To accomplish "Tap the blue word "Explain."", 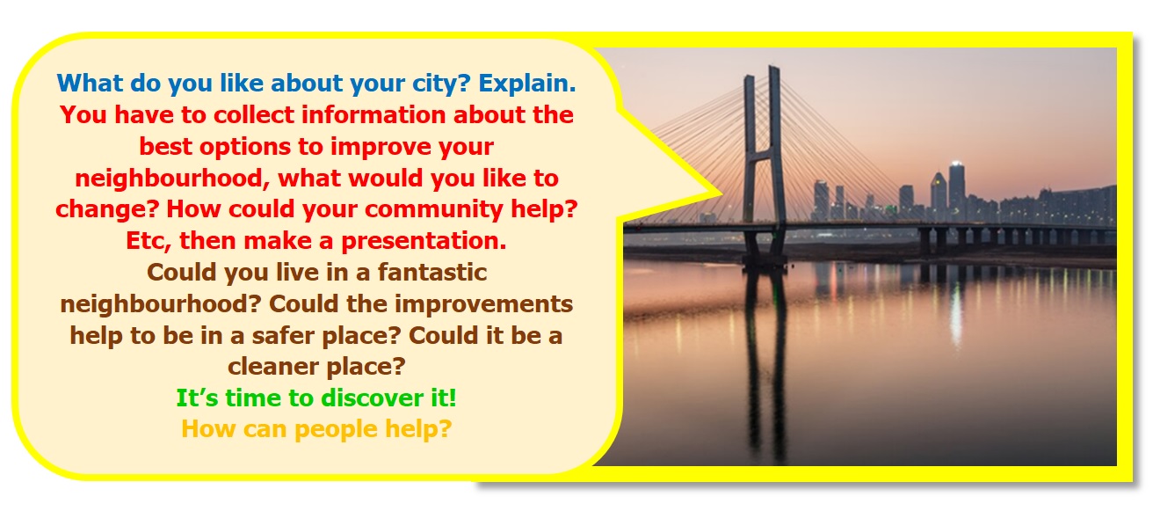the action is (x=527, y=83).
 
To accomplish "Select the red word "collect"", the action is (x=254, y=114).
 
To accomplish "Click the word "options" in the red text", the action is (x=245, y=147).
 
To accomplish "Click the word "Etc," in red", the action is (x=149, y=241).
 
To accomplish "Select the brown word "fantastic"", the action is (x=432, y=272).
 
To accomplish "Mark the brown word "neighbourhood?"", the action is (x=161, y=304).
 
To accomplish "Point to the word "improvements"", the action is (x=484, y=304).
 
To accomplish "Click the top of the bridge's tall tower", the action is (x=773, y=68).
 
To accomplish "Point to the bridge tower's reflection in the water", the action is (x=766, y=361).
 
